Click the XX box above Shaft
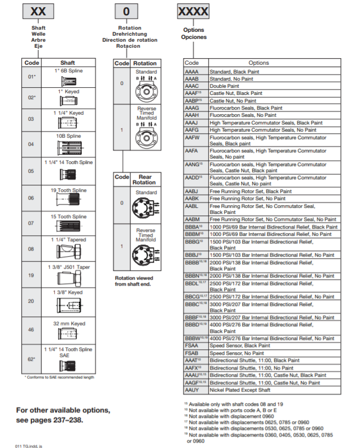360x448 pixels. [38, 11]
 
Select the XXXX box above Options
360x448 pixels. [193, 11]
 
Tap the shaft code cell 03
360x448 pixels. [31, 118]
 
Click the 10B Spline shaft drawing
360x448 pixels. [68, 148]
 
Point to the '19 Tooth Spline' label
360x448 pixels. [68, 190]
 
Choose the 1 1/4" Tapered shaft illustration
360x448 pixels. [68, 251]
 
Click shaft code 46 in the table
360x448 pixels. [31, 330]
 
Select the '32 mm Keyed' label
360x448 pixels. [68, 324]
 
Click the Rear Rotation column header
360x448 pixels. [145, 179]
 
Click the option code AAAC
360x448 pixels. [192, 86]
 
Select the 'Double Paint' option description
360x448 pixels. [224, 86]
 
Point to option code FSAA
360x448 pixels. [192, 346]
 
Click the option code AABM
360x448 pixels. [192, 219]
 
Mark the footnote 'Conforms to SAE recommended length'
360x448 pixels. [60, 377]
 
